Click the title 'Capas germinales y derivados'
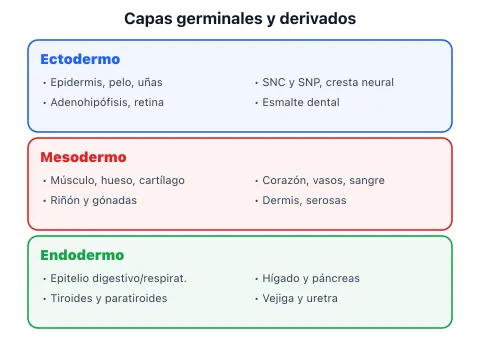click(240, 19)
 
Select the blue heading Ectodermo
click(80, 59)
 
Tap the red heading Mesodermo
click(83, 157)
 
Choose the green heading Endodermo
click(82, 255)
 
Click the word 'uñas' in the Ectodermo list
click(150, 82)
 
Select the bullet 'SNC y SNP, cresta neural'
click(328, 82)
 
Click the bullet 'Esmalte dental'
click(301, 102)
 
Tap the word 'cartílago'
click(162, 180)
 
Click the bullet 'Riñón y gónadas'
click(94, 200)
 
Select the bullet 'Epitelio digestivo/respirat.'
click(118, 278)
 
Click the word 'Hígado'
click(281, 278)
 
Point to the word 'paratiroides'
click(136, 298)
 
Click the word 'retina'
click(149, 102)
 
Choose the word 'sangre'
click(367, 181)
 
